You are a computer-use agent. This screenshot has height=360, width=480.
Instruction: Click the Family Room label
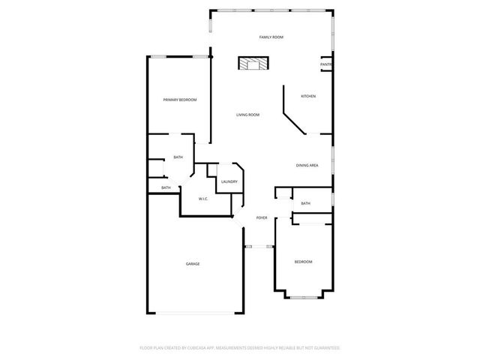coord(271,37)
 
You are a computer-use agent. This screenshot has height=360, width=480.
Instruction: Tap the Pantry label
coord(326,64)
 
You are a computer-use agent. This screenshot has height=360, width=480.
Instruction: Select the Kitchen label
coord(307,96)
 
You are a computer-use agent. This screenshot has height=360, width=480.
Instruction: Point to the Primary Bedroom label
coord(180,99)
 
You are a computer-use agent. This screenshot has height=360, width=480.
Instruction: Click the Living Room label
coord(247,115)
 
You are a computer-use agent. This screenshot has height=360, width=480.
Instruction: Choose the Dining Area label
coord(307,165)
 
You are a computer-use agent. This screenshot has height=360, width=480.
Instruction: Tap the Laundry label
coord(229,181)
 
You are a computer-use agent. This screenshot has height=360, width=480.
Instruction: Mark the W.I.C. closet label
coord(203,199)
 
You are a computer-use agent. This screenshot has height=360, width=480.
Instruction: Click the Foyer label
coord(262,217)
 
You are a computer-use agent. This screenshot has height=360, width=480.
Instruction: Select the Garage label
coord(193,263)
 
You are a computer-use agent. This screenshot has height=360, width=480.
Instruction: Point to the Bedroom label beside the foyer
coord(303,261)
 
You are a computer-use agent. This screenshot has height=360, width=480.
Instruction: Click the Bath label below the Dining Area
coord(305,203)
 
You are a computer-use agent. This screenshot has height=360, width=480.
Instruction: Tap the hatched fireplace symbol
coord(253,64)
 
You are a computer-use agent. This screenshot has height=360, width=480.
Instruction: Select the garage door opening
coord(194,313)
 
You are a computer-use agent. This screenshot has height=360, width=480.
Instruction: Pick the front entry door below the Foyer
coord(259,246)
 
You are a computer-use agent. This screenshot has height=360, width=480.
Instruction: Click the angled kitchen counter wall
coord(294,118)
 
